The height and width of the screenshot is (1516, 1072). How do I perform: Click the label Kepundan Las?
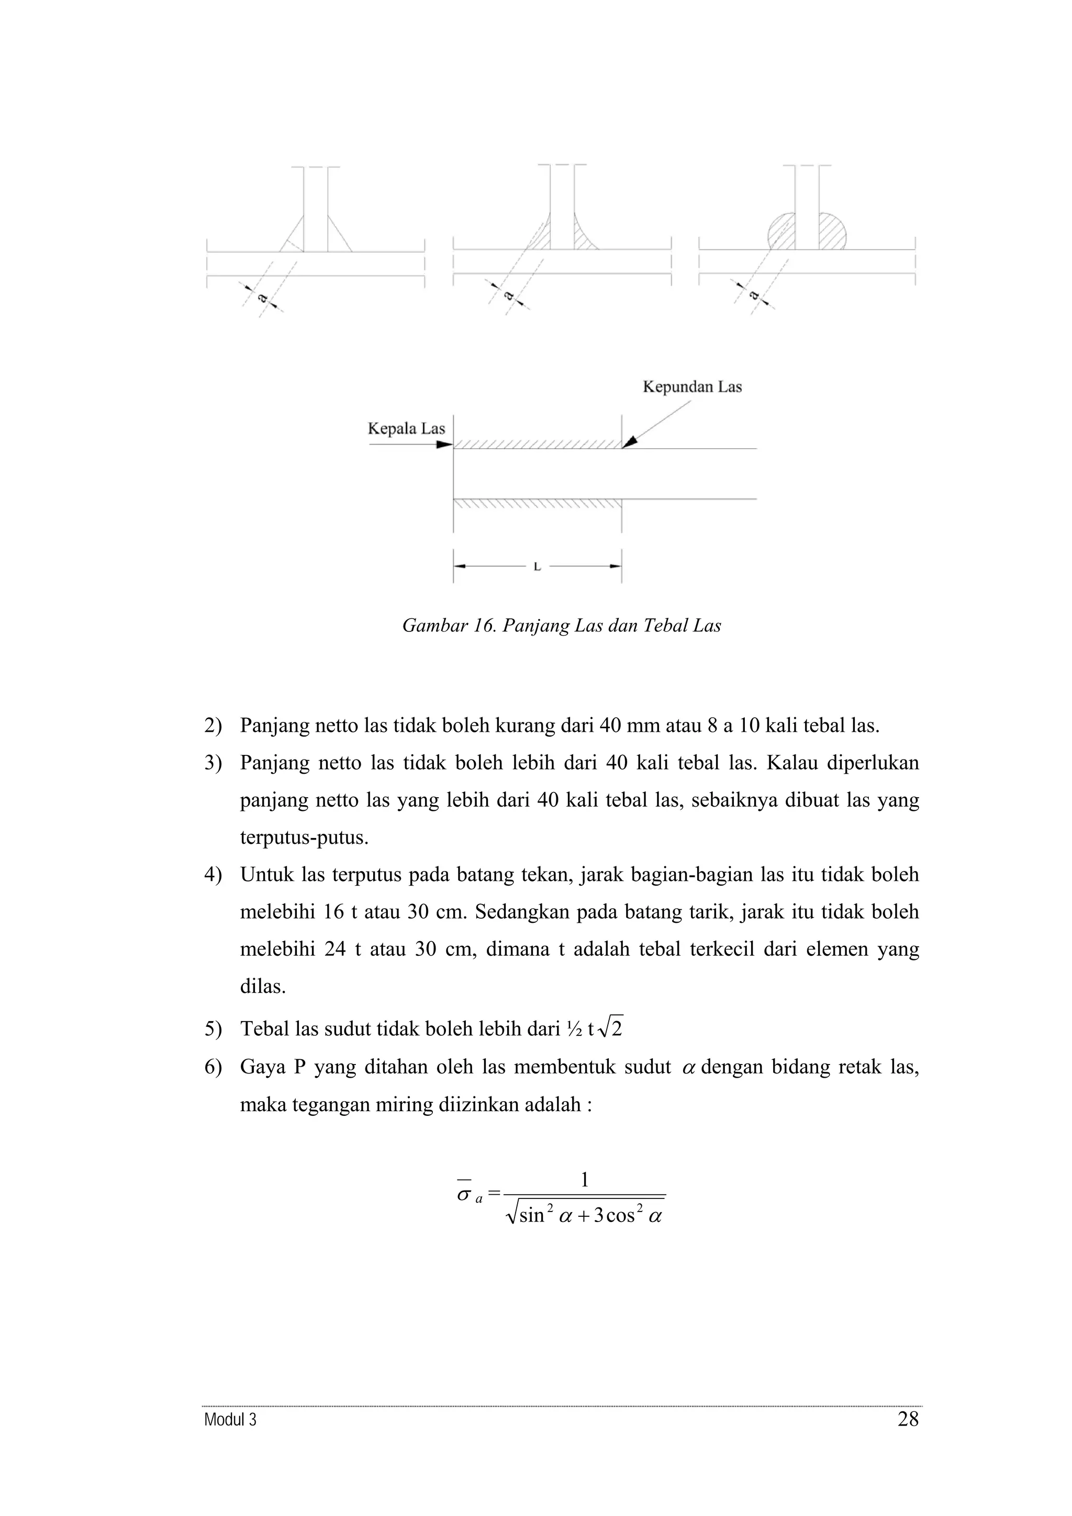[x=691, y=387]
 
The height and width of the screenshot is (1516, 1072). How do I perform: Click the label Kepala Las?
[x=406, y=428]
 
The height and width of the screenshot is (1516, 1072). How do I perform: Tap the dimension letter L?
[x=537, y=567]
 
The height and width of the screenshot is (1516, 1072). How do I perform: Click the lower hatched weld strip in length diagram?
[x=537, y=503]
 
